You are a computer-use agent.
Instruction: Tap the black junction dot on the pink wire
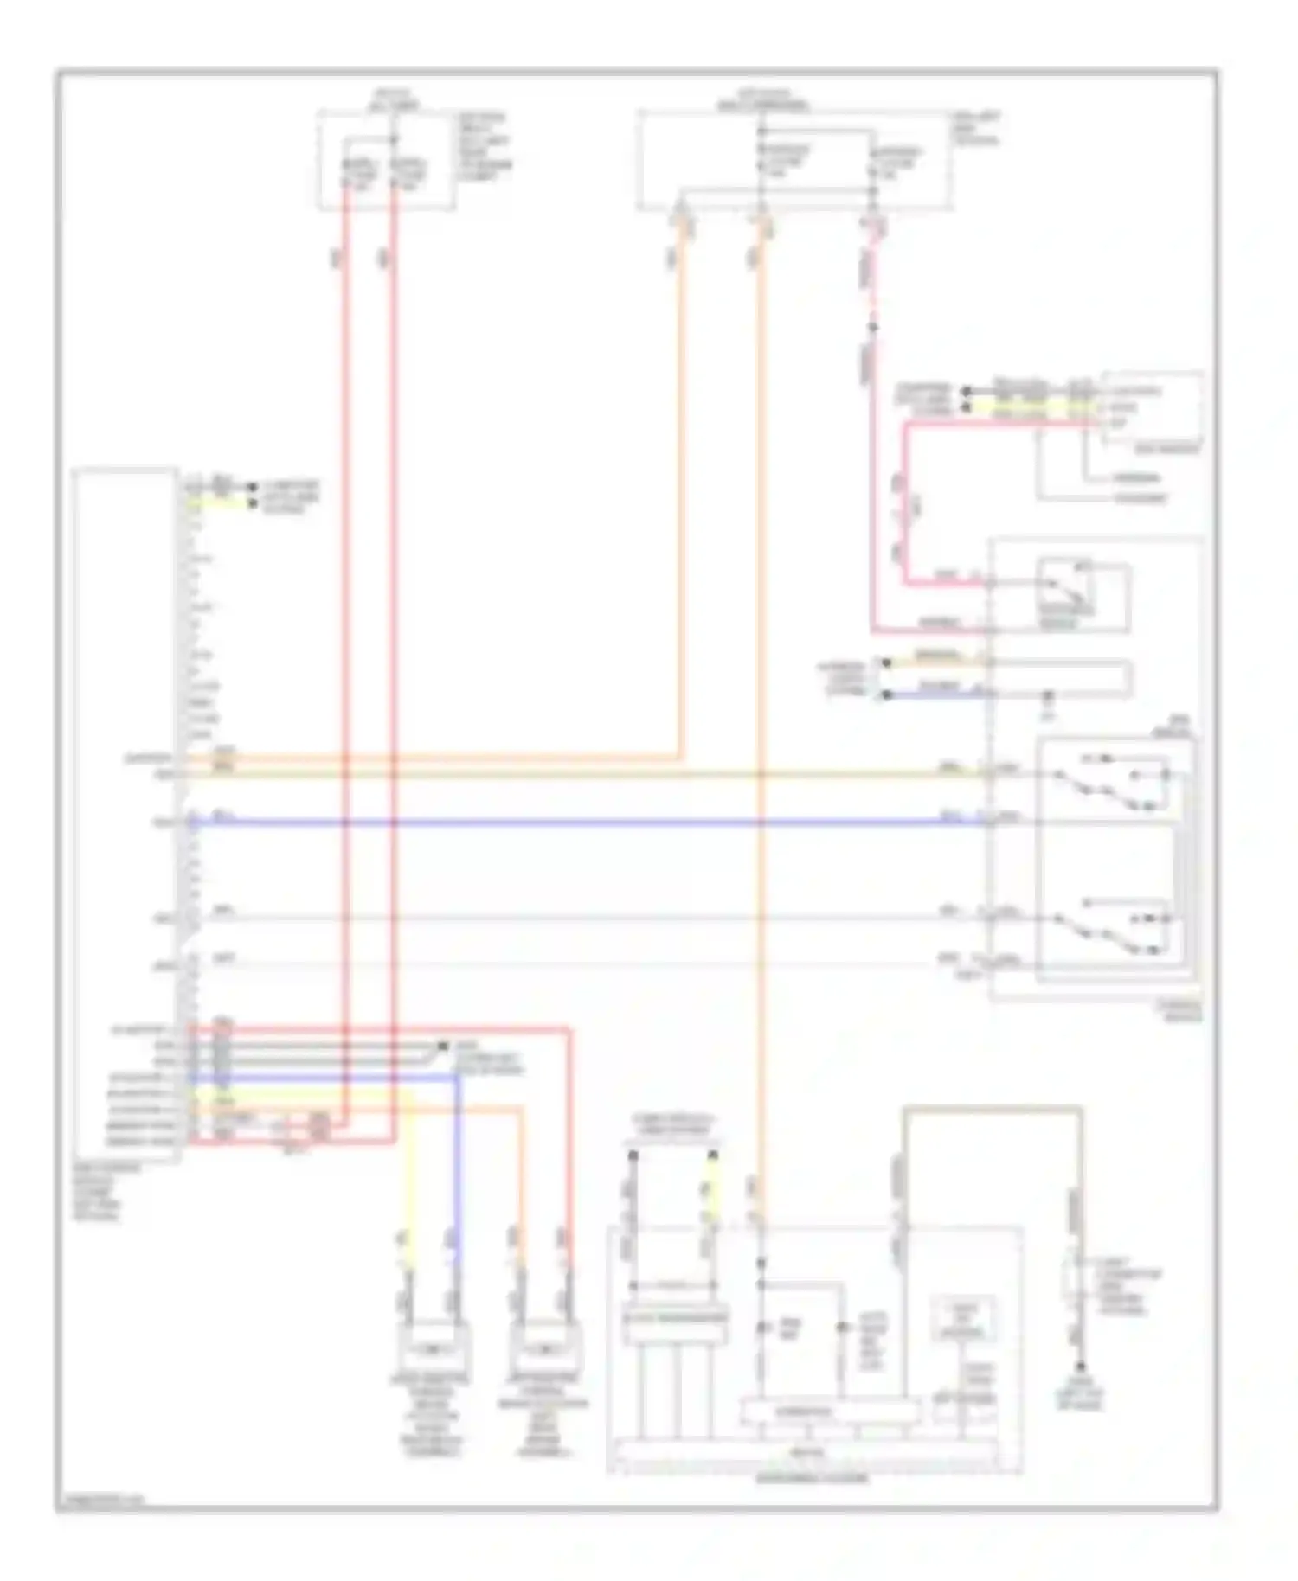(873, 327)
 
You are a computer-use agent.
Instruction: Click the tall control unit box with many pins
(126, 813)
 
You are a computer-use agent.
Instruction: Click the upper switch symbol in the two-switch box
(1112, 783)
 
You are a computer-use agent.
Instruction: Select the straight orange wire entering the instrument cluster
(761, 692)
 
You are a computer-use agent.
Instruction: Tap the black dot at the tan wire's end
(1080, 1367)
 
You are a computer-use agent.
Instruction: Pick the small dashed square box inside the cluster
(962, 1319)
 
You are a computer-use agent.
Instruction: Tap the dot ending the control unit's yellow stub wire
(253, 502)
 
